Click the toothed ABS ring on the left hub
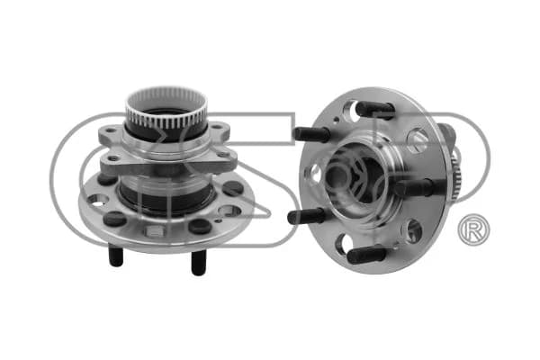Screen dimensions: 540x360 coord(166,103)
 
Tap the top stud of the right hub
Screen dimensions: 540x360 coord(375,110)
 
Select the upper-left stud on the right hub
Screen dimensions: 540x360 coord(311,134)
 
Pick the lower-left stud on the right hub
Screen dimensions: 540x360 coord(306,216)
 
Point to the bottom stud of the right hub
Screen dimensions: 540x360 coord(366,255)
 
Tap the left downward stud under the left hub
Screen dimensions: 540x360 coord(116,255)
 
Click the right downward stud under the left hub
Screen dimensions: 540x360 coord(198,263)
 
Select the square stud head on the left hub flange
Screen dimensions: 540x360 coord(154,231)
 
